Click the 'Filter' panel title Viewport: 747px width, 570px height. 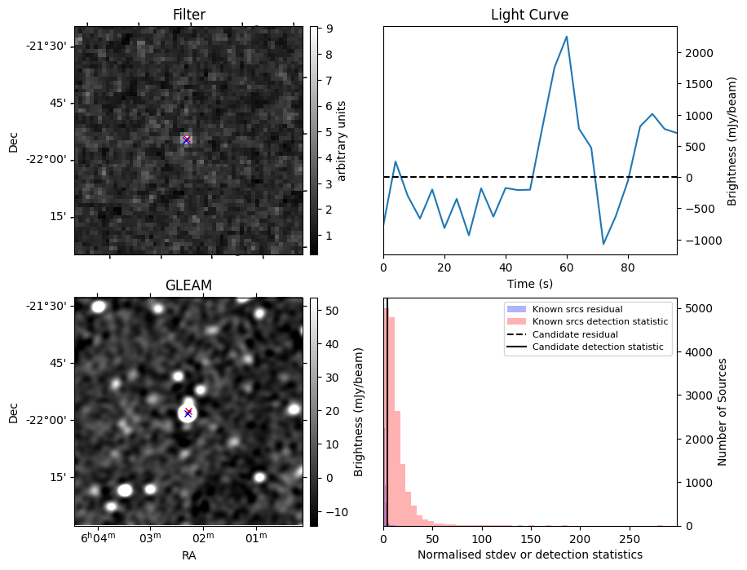188,15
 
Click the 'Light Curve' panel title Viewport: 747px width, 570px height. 529,15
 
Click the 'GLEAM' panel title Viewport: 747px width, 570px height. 188,285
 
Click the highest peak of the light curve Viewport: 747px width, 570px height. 567,37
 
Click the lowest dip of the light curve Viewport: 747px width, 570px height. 603,244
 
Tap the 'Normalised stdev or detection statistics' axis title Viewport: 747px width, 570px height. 529,555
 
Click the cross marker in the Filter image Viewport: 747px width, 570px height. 186,140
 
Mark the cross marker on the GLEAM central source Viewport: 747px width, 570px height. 188,413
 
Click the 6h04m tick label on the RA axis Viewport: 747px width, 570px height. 97,539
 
